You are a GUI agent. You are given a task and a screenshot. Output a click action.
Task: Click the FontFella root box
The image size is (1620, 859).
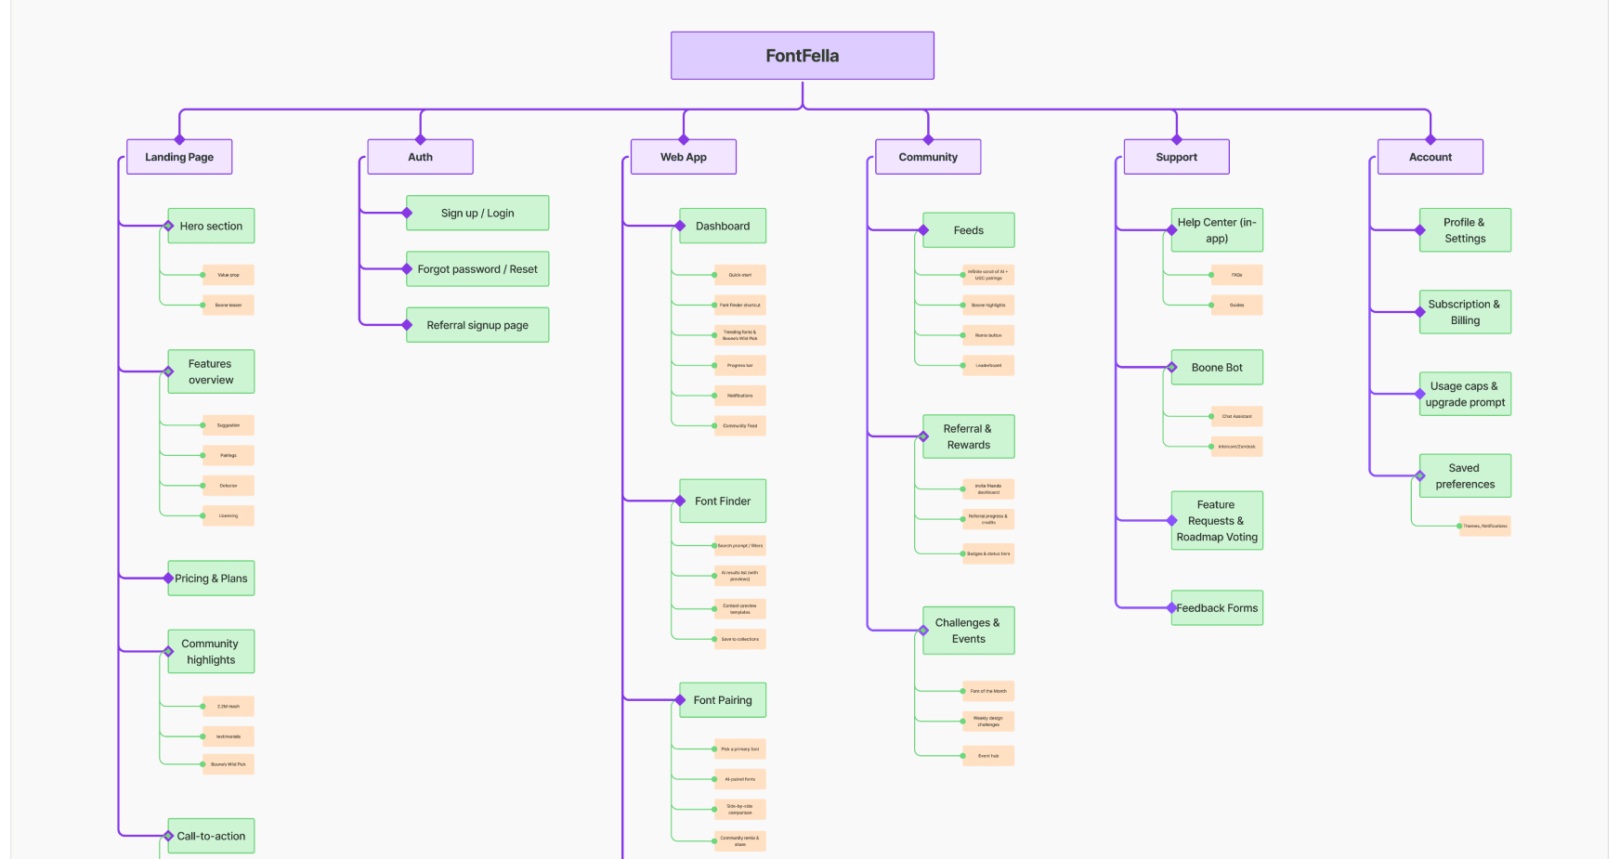802,56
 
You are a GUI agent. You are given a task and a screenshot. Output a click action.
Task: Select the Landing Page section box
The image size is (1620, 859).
179,157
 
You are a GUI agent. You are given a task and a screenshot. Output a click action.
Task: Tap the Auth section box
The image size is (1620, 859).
420,157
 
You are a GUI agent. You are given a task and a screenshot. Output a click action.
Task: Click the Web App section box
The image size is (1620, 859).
684,157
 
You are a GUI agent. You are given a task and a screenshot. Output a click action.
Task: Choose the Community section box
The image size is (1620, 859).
928,157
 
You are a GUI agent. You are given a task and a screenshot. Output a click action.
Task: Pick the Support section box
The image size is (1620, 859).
1176,157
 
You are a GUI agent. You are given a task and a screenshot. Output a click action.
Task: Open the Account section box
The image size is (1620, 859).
1430,157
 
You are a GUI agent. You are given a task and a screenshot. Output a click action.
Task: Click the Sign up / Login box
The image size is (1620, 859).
477,213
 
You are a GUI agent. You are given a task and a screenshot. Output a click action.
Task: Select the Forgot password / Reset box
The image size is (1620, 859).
477,269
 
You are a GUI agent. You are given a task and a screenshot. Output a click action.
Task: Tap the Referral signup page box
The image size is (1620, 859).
477,325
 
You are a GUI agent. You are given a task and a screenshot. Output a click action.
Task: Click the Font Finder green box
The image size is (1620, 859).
723,501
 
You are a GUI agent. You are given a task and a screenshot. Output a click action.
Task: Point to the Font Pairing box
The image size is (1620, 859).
723,700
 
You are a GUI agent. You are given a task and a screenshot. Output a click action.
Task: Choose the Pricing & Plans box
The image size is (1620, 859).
211,579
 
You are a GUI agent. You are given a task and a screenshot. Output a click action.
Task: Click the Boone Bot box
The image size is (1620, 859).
1217,368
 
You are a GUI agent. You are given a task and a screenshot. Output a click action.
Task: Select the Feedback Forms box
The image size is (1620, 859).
1217,608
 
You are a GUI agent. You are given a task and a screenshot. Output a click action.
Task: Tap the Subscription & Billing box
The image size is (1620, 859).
1465,312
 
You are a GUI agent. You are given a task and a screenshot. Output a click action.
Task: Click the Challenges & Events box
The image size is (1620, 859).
968,631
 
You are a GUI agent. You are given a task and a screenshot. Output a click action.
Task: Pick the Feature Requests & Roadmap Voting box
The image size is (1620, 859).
1217,521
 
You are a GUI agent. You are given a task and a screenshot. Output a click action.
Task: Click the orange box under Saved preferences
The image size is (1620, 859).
1484,526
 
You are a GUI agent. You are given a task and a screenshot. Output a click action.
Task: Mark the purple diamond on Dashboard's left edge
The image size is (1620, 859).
680,226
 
